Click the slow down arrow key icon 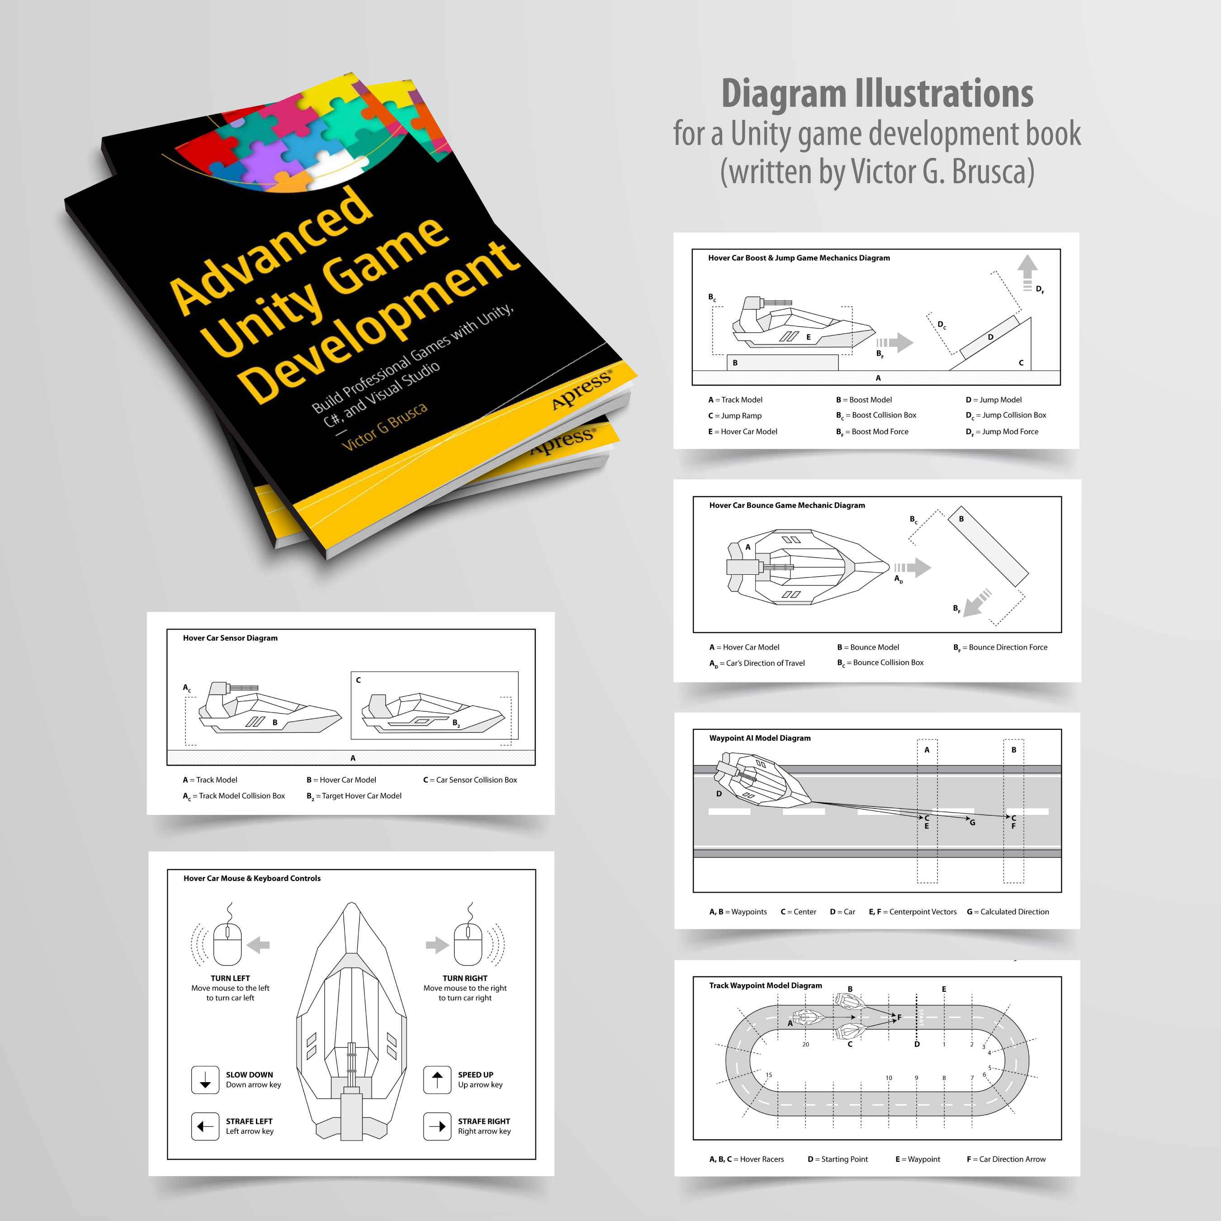[205, 1079]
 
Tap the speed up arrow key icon [437, 1079]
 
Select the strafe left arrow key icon [205, 1126]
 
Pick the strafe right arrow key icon [437, 1126]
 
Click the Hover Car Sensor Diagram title [230, 638]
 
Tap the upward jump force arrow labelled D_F [1027, 272]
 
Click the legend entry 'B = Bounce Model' [868, 647]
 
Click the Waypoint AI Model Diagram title [760, 738]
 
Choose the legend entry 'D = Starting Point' [838, 1159]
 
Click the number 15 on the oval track [768, 1074]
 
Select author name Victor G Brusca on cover [384, 426]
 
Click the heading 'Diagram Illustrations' [877, 94]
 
